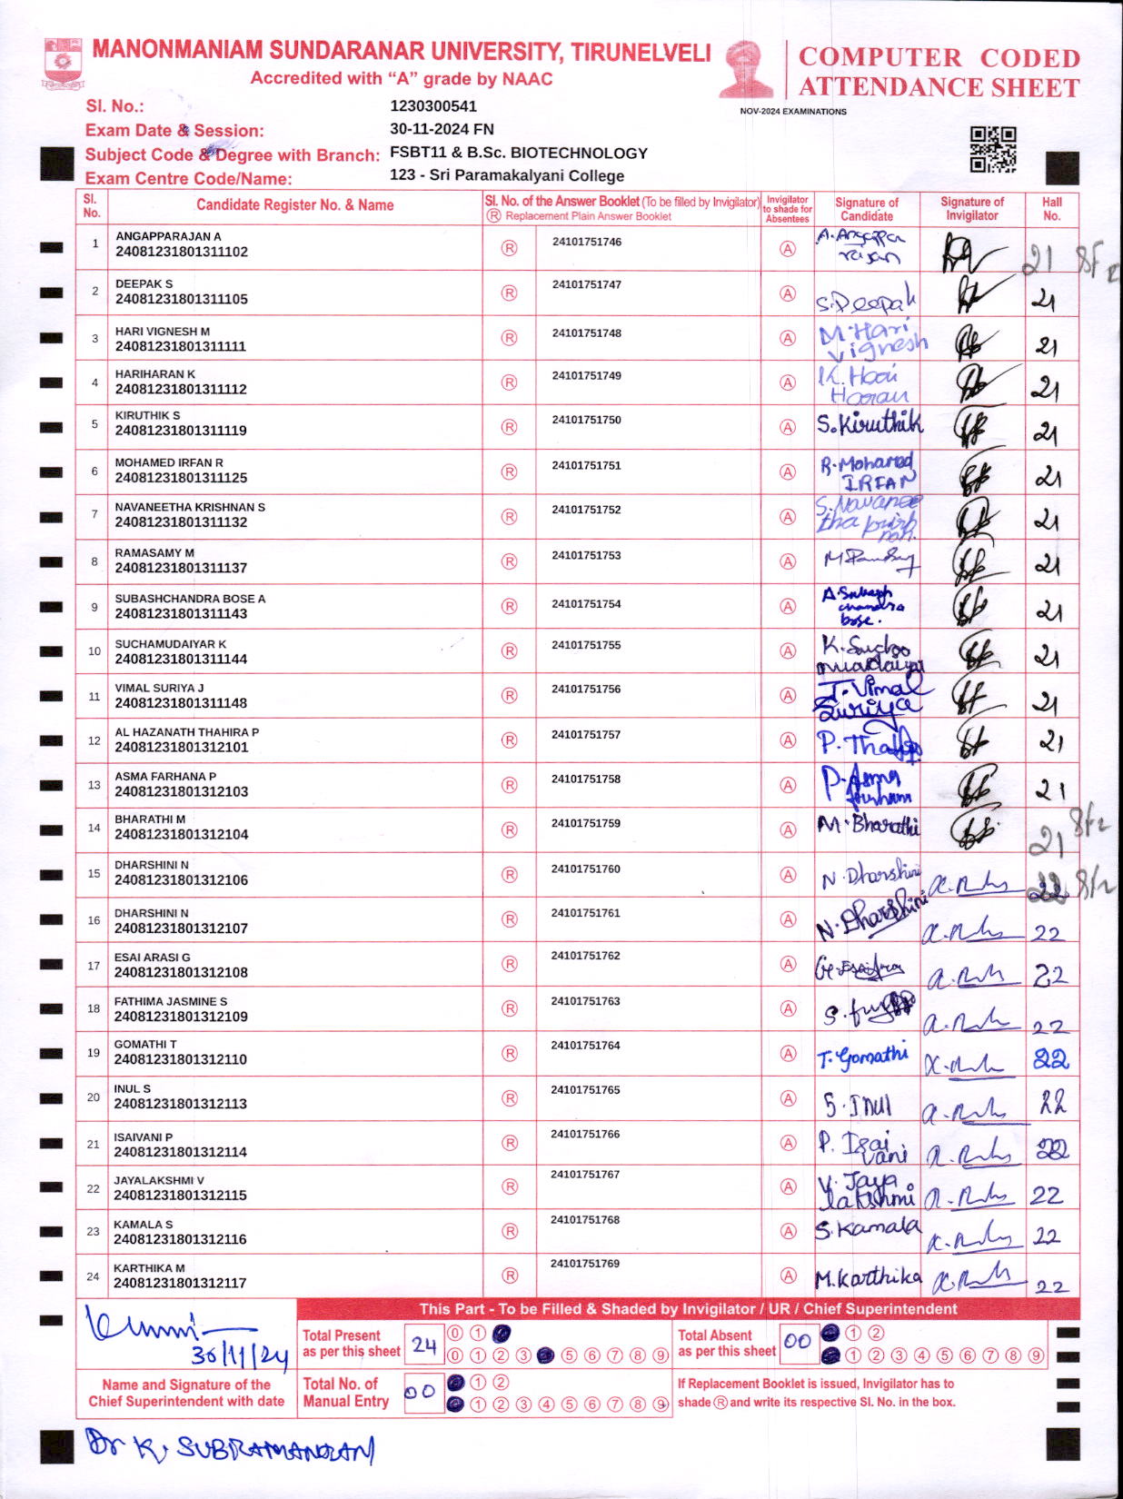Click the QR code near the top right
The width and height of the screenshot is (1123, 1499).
(992, 149)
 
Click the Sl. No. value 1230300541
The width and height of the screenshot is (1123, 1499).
(433, 106)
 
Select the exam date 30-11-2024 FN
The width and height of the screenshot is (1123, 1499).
(442, 129)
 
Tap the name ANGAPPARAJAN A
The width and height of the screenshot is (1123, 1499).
(168, 236)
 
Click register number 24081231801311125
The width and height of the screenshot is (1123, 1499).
(181, 478)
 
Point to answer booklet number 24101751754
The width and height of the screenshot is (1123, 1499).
(586, 604)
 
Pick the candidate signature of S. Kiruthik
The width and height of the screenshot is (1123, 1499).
(868, 423)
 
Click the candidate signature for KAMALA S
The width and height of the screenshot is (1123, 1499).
(867, 1228)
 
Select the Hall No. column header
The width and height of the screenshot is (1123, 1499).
(1051, 209)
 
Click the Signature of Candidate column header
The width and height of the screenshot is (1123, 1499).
(866, 209)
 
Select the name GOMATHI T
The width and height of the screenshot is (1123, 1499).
(145, 1045)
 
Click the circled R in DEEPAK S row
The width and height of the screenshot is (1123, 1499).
(509, 293)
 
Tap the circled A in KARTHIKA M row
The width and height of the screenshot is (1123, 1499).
(789, 1276)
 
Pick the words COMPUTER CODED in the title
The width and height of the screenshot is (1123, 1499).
(939, 58)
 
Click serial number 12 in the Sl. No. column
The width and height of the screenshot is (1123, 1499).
(94, 740)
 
